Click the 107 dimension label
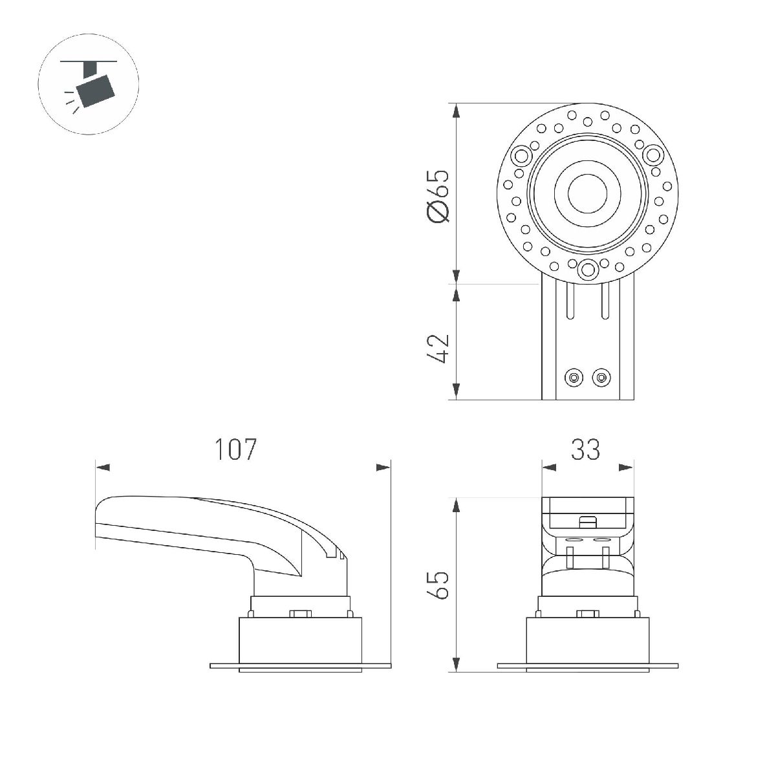[236, 449]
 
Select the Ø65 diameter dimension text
[438, 197]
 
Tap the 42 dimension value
[438, 349]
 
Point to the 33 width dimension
[585, 449]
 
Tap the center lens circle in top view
[587, 193]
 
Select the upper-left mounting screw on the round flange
[520, 156]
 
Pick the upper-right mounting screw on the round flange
[652, 155]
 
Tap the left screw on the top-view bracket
[572, 377]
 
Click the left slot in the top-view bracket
[571, 301]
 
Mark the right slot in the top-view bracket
[603, 301]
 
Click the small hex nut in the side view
[299, 613]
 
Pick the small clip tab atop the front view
[587, 520]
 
